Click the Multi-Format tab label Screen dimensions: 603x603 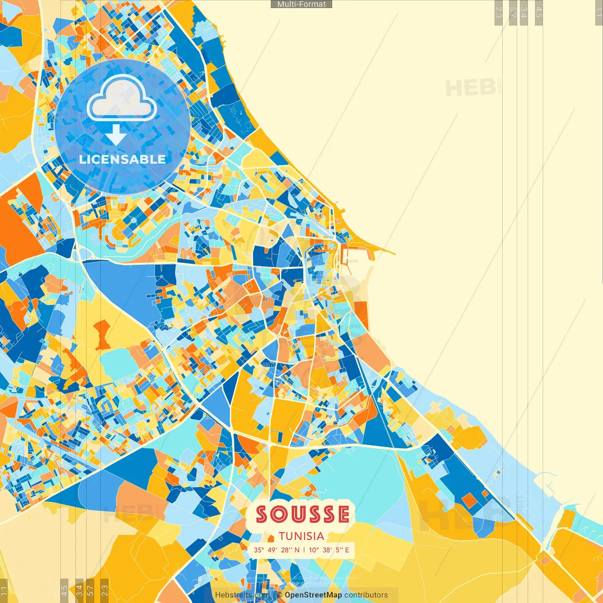pyautogui.click(x=301, y=4)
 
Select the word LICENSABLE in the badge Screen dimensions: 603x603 pyautogui.click(x=122, y=159)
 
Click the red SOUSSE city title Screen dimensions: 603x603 pyautogui.click(x=302, y=514)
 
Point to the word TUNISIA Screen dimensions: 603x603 pyautogui.click(x=301, y=536)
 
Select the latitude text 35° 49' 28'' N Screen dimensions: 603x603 pyautogui.click(x=276, y=550)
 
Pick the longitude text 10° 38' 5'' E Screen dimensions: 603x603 pyautogui.click(x=329, y=550)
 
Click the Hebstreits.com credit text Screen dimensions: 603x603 pyautogui.click(x=242, y=595)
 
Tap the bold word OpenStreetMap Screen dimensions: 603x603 pyautogui.click(x=313, y=595)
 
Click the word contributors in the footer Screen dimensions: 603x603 pyautogui.click(x=366, y=595)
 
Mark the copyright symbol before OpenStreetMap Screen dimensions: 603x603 pyautogui.click(x=279, y=595)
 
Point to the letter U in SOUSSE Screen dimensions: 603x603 pyautogui.click(x=298, y=514)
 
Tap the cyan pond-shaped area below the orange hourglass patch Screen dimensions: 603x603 pyautogui.click(x=118, y=365)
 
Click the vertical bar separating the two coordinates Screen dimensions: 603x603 pyautogui.click(x=304, y=550)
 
